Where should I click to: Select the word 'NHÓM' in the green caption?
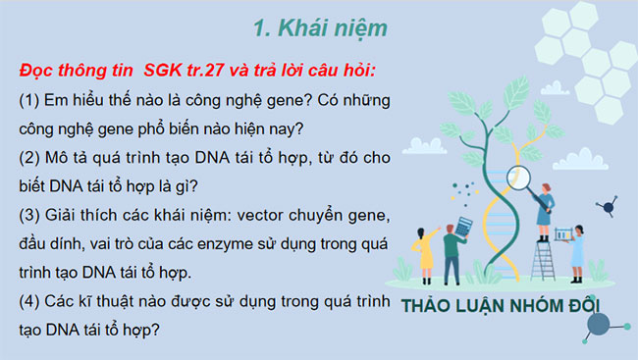coord(536,305)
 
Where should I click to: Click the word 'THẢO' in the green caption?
coord(427,305)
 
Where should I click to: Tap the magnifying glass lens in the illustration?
coord(519,178)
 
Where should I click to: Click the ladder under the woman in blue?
coord(543,257)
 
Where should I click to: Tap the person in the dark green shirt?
coord(452,250)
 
